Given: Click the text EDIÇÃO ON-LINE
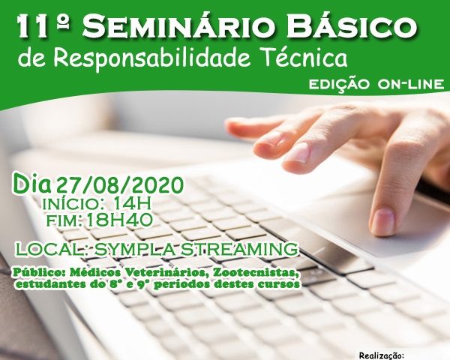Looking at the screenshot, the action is pos(376,84).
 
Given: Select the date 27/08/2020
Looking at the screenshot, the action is pos(120,185).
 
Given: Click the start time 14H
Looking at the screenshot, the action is pos(132,204).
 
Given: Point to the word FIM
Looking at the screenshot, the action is pos(64,220).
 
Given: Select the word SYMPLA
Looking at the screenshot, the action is pos(134,249).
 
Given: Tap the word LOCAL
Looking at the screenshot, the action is pos(52,249).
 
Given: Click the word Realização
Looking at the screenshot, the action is pos(382,356).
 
